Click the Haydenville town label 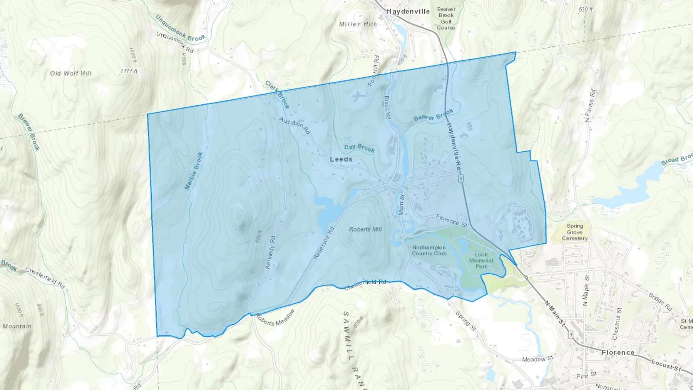point(408,12)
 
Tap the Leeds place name point(341,159)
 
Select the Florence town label point(618,353)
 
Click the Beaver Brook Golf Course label point(446,18)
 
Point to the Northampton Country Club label point(429,250)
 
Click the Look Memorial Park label point(481,260)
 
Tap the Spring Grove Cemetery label point(574,232)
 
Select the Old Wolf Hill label point(71,73)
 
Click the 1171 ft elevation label point(129,71)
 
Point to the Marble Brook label point(194,171)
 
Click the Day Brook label point(359,148)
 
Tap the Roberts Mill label point(365,229)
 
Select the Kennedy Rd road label point(270,252)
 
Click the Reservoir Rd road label point(323,243)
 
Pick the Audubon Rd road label point(295,125)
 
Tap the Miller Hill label point(357,24)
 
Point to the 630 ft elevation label point(585,9)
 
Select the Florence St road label point(452,220)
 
